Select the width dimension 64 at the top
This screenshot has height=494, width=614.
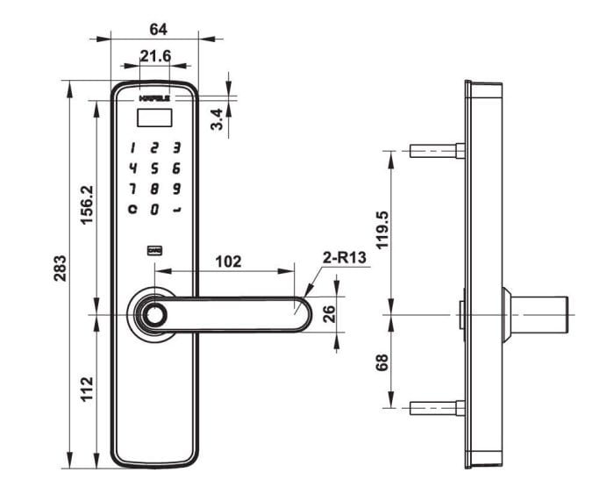pos(158,29)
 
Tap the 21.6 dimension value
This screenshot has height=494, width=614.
pos(154,57)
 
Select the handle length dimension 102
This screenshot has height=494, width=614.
pos(228,261)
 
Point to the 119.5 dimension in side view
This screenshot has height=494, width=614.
pos(382,230)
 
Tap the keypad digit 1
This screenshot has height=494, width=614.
pos(132,148)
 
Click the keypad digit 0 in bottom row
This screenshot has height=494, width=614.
pos(154,210)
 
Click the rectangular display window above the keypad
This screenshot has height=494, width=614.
pos(154,112)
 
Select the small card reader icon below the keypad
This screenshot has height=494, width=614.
pos(154,251)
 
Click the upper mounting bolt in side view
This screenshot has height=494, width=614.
pos(436,151)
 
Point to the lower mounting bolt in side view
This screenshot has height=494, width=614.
pos(436,408)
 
